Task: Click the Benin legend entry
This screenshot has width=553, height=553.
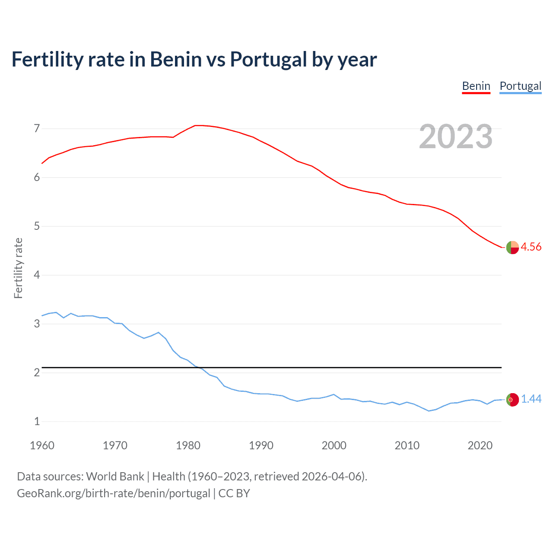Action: pos(476,86)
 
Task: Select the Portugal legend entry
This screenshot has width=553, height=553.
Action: pos(520,86)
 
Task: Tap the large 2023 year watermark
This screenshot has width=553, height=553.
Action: pos(456,137)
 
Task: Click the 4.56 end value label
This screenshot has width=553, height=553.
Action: pos(531,247)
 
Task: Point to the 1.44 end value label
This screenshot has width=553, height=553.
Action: pos(531,399)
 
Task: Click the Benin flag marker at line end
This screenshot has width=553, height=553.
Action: pos(512,248)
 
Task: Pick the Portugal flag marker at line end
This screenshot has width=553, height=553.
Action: pos(512,400)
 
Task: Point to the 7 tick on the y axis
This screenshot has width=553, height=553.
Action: pos(37,128)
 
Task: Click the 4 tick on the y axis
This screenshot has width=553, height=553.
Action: pos(37,275)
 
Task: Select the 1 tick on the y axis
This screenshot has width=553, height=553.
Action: pos(37,421)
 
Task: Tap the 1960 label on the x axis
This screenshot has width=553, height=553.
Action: pos(42,445)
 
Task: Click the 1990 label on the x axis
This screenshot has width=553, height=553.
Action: pos(261,445)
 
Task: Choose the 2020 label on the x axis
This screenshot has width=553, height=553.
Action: pos(480,445)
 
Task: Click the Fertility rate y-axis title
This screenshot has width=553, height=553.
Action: pos(18,268)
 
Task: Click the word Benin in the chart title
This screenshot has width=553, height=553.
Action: pos(175,59)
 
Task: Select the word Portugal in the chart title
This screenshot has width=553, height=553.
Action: pos(268,59)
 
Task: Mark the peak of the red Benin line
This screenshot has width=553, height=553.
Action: pos(198,125)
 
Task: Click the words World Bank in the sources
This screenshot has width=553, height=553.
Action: pos(115,477)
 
